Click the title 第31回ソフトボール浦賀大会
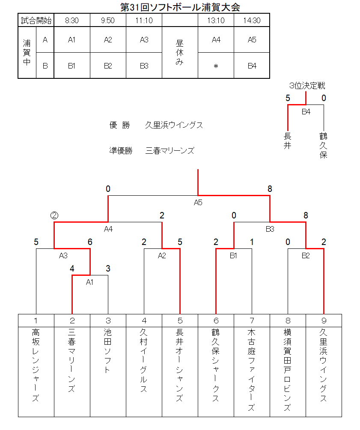(x=180, y=7)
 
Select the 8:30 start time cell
(x=72, y=20)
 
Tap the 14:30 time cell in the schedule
(x=252, y=20)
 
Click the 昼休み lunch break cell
(x=180, y=52)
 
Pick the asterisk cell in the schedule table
(x=216, y=66)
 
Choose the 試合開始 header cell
(x=36, y=20)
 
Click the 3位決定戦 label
(x=307, y=86)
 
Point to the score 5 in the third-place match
(x=288, y=98)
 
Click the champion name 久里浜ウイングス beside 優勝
(x=174, y=125)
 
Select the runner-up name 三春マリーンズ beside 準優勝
(x=170, y=151)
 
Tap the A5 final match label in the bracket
(x=198, y=203)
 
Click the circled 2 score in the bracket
(x=54, y=215)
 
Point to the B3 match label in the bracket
(x=270, y=229)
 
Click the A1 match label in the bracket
(x=89, y=282)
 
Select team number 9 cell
(x=324, y=321)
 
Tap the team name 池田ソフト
(x=108, y=351)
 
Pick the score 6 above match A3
(x=90, y=242)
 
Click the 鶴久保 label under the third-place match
(x=324, y=145)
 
